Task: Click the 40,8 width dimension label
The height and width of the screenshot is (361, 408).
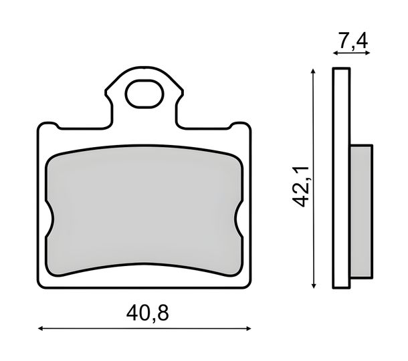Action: coord(148,313)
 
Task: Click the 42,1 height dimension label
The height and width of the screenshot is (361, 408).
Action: coord(301,187)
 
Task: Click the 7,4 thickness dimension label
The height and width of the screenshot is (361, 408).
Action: coord(353,41)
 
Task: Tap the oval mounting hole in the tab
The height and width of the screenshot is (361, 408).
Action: coord(144,94)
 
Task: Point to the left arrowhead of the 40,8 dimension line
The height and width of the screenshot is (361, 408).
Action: coord(40,329)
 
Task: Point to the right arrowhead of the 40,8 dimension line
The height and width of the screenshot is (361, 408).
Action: coord(249,329)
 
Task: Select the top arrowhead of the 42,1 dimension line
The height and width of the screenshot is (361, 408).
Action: coord(314,72)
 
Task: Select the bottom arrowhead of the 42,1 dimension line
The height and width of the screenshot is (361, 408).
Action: coord(314,285)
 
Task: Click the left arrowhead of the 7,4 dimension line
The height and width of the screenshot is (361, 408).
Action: coord(335,53)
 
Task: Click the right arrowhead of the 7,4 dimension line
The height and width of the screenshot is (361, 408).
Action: coord(368,53)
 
